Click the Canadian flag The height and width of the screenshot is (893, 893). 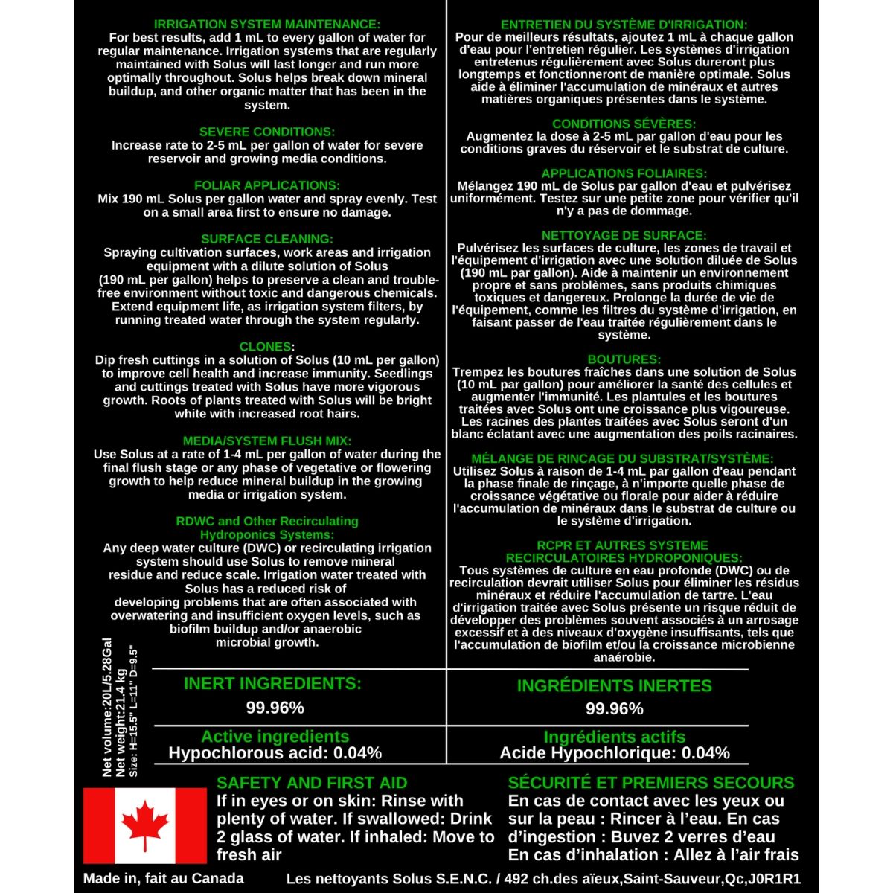pyautogui.click(x=144, y=825)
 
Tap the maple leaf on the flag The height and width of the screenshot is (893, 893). pyautogui.click(x=144, y=825)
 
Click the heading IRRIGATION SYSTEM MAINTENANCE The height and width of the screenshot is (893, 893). pyautogui.click(x=266, y=25)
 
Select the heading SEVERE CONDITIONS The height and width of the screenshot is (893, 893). pyautogui.click(x=266, y=132)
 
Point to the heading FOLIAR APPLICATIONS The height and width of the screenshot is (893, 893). pyautogui.click(x=266, y=185)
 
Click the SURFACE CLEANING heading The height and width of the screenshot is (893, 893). pyautogui.click(x=266, y=239)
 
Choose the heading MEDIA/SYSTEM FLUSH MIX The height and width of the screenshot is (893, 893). pyautogui.click(x=266, y=441)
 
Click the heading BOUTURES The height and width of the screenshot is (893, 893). pyautogui.click(x=624, y=359)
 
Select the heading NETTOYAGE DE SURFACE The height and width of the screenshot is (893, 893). pyautogui.click(x=624, y=235)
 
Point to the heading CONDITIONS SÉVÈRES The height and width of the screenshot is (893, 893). pyautogui.click(x=624, y=124)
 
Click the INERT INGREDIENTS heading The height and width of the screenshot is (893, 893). pyautogui.click(x=272, y=683)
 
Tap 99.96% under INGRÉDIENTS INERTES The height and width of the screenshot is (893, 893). pyautogui.click(x=614, y=708)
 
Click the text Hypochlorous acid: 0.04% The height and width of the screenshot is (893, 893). pyautogui.click(x=275, y=753)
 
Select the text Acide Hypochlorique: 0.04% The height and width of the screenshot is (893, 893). pyautogui.click(x=614, y=753)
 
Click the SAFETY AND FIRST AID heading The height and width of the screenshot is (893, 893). pyautogui.click(x=312, y=783)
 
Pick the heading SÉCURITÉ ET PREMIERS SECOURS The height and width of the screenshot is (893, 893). pyautogui.click(x=651, y=783)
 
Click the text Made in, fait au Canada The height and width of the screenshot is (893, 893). pyautogui.click(x=163, y=878)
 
